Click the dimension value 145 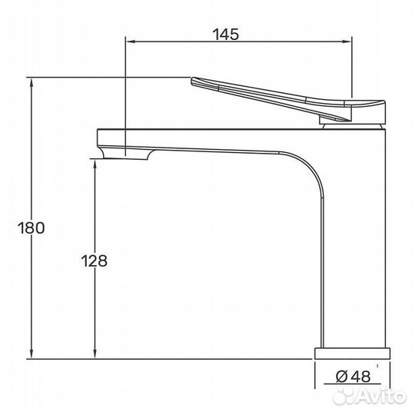coord(225,35)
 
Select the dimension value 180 coord(32,227)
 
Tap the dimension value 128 coord(95,261)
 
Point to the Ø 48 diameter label coord(353,376)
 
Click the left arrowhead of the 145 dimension coord(130,41)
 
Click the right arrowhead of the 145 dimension coord(347,41)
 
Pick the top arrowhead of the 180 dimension coord(32,83)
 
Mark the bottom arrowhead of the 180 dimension coord(32,354)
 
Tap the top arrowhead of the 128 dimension coord(95,164)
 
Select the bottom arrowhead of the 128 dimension coord(95,354)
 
